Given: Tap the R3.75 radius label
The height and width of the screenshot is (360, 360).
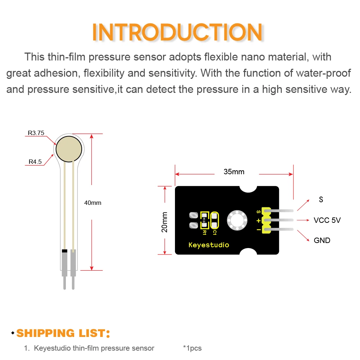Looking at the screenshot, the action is tap(36, 133).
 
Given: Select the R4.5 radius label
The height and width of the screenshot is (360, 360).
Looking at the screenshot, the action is tap(35, 162).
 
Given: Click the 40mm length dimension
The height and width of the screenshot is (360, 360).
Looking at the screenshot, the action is tap(93, 203).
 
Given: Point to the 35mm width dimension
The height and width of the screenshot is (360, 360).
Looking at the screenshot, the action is tap(234, 172).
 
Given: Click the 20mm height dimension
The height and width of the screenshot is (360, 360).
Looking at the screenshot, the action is tap(165, 221).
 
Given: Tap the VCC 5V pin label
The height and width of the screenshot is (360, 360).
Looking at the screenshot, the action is tap(327, 220).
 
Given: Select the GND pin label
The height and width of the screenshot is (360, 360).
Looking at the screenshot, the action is tap(322, 240).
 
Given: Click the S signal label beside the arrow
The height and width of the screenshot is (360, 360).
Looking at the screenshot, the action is tap(321, 199).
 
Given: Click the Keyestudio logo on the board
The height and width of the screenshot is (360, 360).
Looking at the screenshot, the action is tap(209, 245).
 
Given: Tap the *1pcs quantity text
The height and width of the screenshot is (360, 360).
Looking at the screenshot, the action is tap(192, 348).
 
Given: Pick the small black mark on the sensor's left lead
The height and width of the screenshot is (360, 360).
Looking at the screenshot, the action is tap(64, 251).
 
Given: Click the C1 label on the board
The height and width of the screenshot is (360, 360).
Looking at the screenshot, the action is tap(215, 233).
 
